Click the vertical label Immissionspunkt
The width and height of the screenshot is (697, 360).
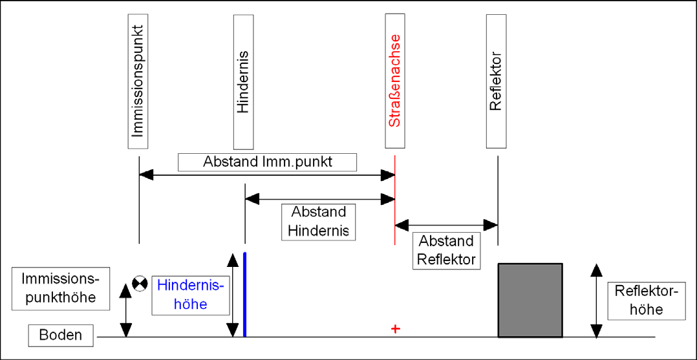[x=137, y=81]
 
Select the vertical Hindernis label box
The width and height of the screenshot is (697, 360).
[x=244, y=81]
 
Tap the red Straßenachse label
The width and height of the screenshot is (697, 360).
[x=396, y=80]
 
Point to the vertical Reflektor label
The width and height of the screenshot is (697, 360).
[x=497, y=81]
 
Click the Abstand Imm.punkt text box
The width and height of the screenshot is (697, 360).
[x=268, y=162]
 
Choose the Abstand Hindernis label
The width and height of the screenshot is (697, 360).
[x=318, y=222]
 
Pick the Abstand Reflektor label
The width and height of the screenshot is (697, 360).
[x=447, y=251]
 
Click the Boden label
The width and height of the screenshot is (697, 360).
[x=61, y=335]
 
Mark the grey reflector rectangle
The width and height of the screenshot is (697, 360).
[x=530, y=300]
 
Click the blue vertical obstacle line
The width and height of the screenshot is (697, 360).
[x=244, y=294]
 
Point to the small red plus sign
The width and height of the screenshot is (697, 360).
[x=394, y=329]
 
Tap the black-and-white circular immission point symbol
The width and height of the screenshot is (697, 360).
[x=140, y=283]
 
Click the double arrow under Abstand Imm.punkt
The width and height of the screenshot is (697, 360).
[x=267, y=176]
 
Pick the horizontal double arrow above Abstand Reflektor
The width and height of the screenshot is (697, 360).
[x=446, y=225]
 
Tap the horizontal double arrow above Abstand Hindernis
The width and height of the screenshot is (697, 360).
[x=320, y=199]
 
